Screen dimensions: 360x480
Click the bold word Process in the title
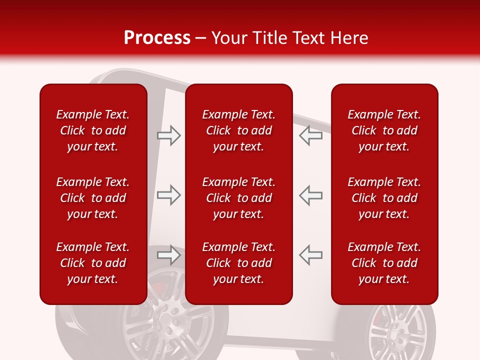[x=157, y=38]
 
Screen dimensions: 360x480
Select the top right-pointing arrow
[x=169, y=135]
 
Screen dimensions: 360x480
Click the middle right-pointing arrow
[x=169, y=195]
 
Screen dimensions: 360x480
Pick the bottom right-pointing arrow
[x=169, y=255]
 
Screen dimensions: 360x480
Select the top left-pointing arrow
[x=310, y=135]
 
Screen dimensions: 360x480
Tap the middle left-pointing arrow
[x=310, y=195]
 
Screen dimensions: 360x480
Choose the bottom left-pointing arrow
[x=310, y=255]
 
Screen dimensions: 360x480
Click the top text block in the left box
[x=93, y=130]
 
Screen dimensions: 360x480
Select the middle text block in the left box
[x=93, y=198]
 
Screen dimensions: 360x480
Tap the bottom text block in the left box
[x=93, y=263]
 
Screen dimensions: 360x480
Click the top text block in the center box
[x=238, y=130]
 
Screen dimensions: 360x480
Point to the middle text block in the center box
[x=238, y=198]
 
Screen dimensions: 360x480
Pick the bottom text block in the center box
[x=238, y=263]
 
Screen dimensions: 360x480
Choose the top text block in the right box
[x=384, y=130]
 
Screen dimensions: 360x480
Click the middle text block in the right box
[x=384, y=198]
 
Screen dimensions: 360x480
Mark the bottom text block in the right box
[x=384, y=263]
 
